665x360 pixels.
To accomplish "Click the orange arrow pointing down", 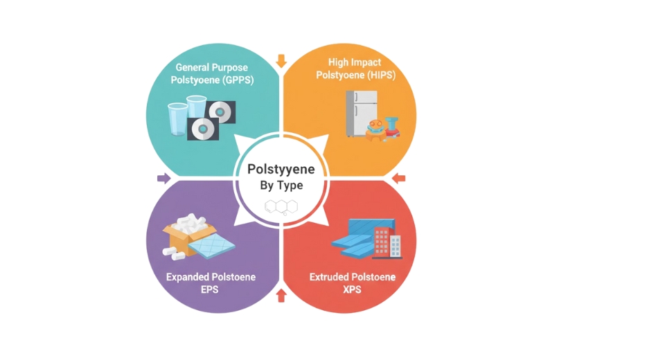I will (281, 61).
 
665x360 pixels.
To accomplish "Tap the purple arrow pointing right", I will (163, 179).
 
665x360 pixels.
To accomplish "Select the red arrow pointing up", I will (281, 296).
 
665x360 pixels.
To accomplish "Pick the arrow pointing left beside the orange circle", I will (398, 179).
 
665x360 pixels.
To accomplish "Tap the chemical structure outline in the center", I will (281, 206).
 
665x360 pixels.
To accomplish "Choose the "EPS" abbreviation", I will (210, 289).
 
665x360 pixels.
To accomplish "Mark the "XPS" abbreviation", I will (353, 289).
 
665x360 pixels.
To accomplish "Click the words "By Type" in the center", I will (281, 185).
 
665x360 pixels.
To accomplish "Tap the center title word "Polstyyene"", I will (281, 169).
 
